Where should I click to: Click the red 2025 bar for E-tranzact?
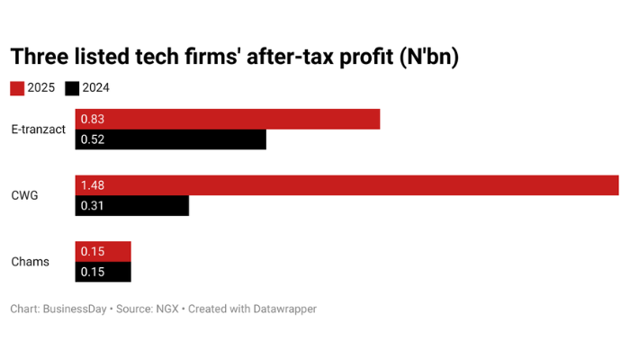point(228,119)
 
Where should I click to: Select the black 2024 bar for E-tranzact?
point(171,139)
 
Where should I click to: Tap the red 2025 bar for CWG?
point(346,184)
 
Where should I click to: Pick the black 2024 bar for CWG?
point(132,205)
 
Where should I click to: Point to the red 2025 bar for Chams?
point(103,251)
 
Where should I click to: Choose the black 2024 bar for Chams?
point(103,272)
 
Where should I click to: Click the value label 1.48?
point(93,184)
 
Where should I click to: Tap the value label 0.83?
point(93,119)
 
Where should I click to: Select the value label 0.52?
point(93,139)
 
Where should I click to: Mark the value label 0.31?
point(93,205)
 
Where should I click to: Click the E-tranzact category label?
point(39,130)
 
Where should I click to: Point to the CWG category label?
point(24,195)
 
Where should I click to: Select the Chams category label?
point(30,262)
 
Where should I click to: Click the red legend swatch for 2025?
point(17,88)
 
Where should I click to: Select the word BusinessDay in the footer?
point(75,309)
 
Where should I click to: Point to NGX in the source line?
point(166,309)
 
